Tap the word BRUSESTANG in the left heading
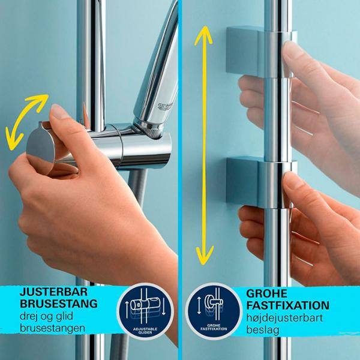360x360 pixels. (x=58, y=304)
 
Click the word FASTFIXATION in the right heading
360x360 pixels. (x=287, y=305)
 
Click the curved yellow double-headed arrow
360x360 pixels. (x=25, y=120)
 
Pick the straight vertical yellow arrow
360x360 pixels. (x=203, y=144)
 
